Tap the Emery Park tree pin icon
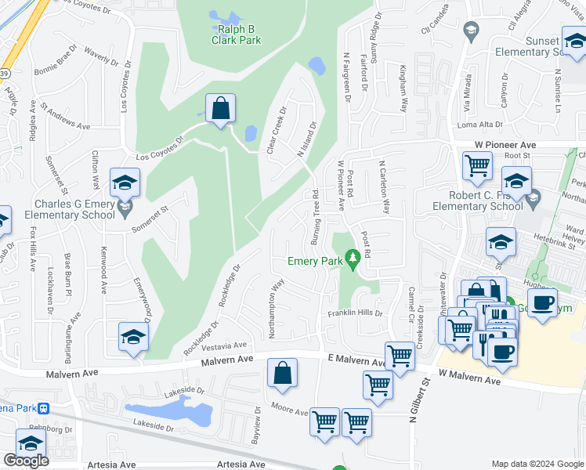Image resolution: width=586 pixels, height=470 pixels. (x=353, y=257)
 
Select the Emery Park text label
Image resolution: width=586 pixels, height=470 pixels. (x=316, y=261)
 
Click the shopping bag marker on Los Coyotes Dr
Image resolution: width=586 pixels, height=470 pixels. (x=221, y=108)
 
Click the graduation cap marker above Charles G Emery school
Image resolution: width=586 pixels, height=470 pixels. (x=125, y=183)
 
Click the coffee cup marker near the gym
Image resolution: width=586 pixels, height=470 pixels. (x=542, y=302)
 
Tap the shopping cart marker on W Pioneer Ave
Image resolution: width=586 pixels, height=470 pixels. (x=477, y=165)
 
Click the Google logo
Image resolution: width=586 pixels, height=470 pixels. (x=26, y=461)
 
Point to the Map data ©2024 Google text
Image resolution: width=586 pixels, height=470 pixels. (x=537, y=464)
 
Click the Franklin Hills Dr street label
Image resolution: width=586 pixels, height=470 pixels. (x=355, y=313)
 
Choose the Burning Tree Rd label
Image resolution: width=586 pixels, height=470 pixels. (x=315, y=216)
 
